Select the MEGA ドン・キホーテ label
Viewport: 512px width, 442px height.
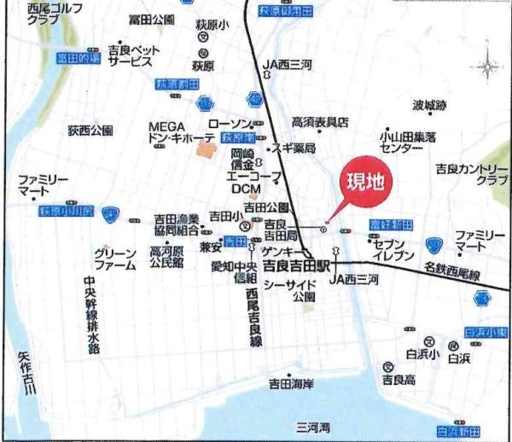pos(177,131)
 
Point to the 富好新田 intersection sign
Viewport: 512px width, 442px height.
pos(391,224)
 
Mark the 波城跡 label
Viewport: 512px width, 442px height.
pos(429,106)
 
